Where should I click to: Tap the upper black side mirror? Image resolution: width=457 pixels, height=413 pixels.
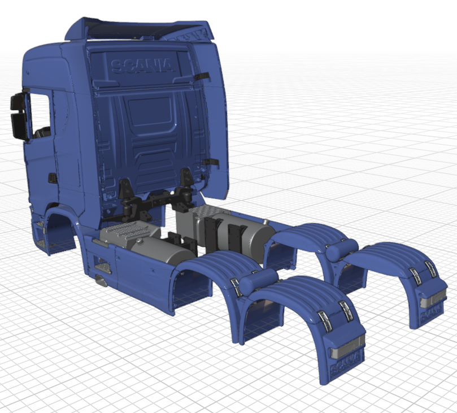[18, 102]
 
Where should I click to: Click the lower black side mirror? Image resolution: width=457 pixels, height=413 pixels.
[19, 126]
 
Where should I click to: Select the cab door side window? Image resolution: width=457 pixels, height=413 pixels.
[40, 115]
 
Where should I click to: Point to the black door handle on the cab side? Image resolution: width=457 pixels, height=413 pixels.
[53, 178]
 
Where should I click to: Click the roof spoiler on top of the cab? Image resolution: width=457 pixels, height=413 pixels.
[140, 29]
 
